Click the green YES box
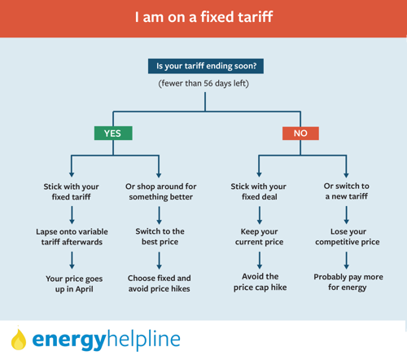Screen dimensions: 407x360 coord(113,133)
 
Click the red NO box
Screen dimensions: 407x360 coord(300,134)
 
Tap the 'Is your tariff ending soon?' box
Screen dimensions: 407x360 coord(206,66)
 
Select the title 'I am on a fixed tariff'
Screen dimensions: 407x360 coord(203,17)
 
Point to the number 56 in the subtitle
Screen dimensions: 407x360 coord(208,83)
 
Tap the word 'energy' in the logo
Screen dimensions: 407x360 coord(69,340)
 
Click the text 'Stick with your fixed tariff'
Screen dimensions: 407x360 coord(71,191)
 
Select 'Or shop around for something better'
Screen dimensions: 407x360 coord(160,191)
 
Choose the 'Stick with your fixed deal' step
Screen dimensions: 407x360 coord(259,191)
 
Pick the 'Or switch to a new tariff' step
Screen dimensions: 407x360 coord(347,191)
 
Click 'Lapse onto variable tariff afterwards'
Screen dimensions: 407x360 coord(72,237)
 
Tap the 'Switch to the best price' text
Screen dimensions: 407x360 coord(160,236)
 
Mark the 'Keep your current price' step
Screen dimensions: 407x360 coord(259,237)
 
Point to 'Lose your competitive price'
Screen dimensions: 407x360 coord(348,237)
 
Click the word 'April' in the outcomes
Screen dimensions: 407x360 coord(85,289)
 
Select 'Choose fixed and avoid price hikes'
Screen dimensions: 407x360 coord(160,283)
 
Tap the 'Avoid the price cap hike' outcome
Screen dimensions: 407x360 coord(260,282)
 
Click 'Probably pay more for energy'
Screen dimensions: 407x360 coord(348,283)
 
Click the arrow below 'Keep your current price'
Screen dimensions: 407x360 coord(260,260)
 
